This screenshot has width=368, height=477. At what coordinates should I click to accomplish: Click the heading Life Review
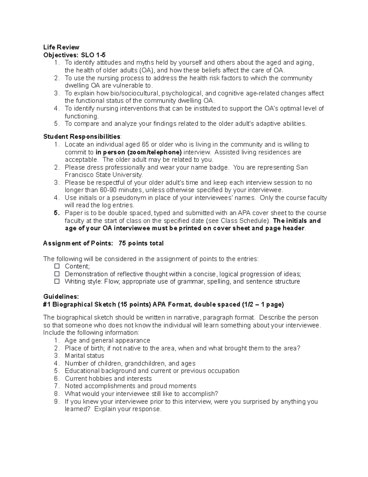(61, 47)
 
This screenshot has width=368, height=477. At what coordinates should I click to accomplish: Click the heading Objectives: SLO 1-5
(74, 55)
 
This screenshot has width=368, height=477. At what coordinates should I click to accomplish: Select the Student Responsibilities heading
(82, 136)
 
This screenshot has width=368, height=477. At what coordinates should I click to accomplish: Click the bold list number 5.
(56, 213)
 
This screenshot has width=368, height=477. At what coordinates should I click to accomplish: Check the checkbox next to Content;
(57, 266)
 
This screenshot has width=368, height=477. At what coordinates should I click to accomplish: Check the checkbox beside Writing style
(57, 281)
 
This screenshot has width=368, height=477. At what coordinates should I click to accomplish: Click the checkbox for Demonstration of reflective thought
(57, 274)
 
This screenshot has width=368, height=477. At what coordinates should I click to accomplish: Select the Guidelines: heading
(61, 297)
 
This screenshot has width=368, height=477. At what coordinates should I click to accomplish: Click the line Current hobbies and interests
(108, 379)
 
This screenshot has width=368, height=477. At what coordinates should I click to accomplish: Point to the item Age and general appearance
(107, 340)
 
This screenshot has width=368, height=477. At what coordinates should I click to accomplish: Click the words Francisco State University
(104, 175)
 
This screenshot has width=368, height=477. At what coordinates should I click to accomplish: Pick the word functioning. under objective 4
(82, 116)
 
